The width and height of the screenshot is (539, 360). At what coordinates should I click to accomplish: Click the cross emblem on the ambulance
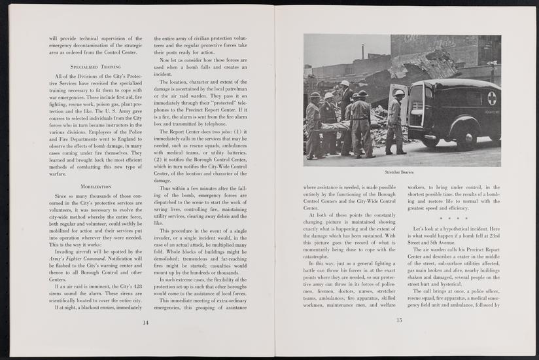click(491, 98)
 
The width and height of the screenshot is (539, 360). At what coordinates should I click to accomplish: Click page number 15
click(398, 320)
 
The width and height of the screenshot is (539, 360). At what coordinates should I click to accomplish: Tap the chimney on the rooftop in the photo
click(362, 51)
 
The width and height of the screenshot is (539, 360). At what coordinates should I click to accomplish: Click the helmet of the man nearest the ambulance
click(399, 93)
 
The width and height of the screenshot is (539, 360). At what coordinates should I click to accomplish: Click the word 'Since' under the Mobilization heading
click(63, 195)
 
